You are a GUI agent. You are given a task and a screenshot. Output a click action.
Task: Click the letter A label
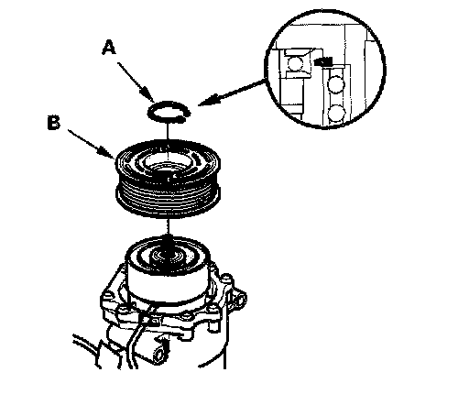[x=109, y=48]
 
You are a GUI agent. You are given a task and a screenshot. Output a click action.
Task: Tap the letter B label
[x=54, y=123]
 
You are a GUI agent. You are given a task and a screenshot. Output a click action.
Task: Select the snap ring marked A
[x=169, y=112]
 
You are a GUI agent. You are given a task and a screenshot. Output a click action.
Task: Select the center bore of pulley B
[x=168, y=163]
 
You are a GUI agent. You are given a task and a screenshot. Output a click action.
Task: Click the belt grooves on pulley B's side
[x=168, y=195]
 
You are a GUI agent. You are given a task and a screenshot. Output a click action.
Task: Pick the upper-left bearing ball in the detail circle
[x=295, y=63]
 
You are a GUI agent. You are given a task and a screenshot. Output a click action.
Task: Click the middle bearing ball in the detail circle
[x=336, y=84]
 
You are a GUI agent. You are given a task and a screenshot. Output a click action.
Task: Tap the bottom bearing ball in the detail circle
[x=336, y=113]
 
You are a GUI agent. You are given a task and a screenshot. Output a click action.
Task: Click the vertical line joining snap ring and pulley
[x=168, y=132]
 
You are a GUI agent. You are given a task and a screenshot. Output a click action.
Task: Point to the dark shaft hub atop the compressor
[x=168, y=255]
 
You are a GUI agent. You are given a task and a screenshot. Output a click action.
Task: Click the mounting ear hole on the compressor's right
[x=240, y=299]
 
